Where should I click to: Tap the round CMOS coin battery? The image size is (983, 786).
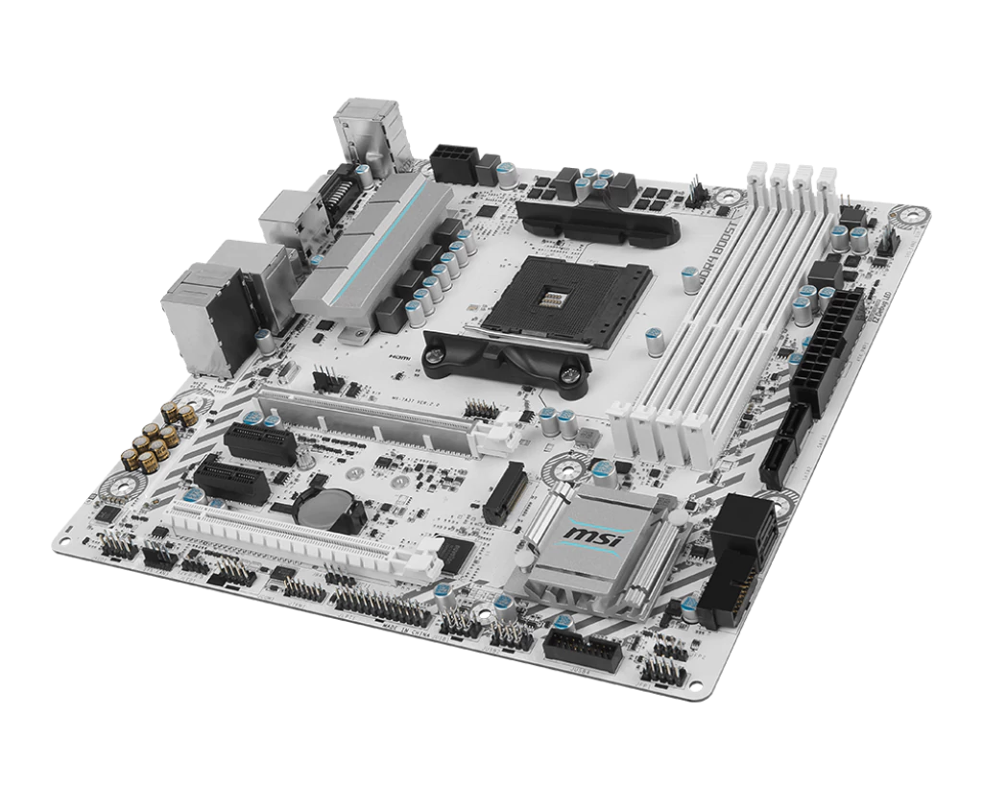[324, 501]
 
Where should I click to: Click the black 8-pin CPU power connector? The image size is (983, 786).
[453, 162]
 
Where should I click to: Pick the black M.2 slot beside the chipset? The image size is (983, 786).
[506, 492]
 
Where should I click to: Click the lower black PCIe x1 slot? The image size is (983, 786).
[230, 480]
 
